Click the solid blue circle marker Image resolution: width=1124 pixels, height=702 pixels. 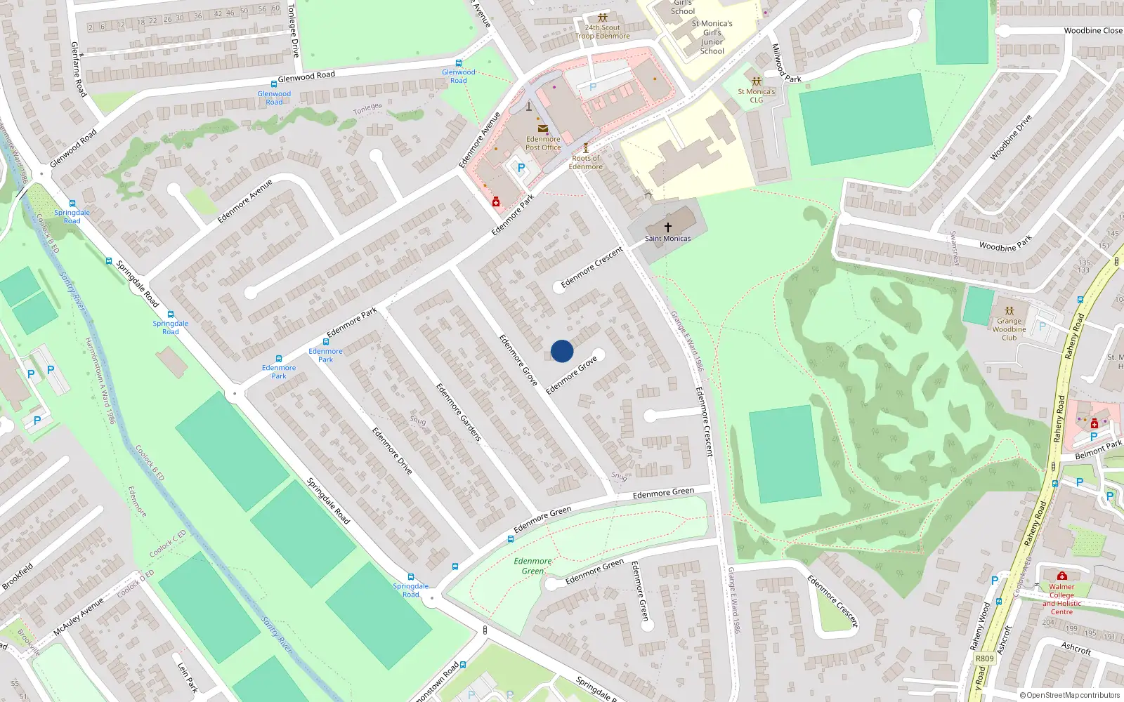(562, 351)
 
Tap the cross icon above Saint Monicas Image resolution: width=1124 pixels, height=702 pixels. (667, 227)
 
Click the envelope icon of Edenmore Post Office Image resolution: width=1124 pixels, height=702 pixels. (543, 128)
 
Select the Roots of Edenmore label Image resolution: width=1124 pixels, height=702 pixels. (586, 162)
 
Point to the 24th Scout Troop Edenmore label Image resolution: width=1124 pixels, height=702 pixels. (603, 32)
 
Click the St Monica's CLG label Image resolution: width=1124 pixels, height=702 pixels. (756, 95)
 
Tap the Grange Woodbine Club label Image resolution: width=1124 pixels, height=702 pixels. (1009, 329)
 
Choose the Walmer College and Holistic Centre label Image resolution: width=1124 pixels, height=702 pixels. (1061, 599)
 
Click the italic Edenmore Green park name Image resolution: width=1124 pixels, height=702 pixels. (532, 566)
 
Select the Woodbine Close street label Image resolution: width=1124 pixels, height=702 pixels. (1092, 31)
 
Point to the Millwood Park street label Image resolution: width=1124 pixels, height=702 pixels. (785, 64)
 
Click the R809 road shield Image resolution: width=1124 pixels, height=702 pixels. (985, 658)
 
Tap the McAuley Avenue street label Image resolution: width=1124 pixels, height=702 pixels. (79, 616)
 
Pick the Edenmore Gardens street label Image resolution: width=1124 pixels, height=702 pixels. (459, 412)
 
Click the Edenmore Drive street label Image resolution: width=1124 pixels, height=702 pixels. (392, 451)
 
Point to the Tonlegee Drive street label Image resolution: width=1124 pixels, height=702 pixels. (294, 29)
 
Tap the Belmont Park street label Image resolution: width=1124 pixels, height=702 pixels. (1099, 450)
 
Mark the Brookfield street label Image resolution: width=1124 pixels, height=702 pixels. (18, 576)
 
